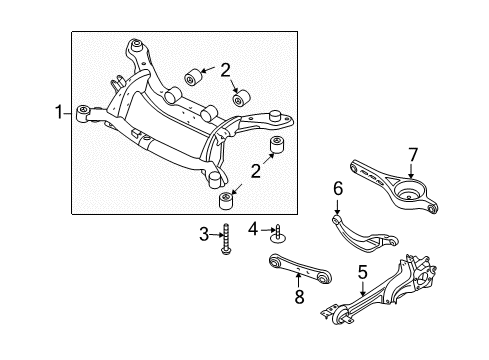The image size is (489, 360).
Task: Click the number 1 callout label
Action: point(59,113)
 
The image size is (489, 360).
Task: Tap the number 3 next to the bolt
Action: point(203,234)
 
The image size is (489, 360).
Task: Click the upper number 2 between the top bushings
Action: point(226,69)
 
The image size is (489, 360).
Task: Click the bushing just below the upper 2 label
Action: point(241,99)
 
